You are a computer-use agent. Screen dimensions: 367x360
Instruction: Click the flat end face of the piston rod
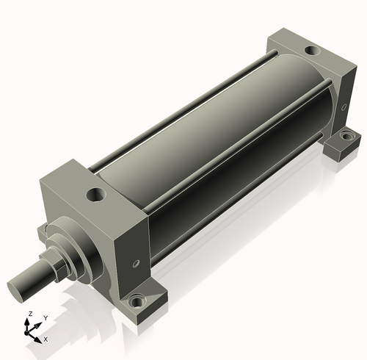(15, 292)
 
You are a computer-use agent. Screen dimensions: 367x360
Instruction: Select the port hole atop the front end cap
(96, 195)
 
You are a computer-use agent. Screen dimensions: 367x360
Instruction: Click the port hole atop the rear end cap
(313, 51)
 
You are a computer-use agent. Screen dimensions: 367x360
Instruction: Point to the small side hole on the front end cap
(136, 264)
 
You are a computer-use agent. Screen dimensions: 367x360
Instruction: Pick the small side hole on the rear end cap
(344, 107)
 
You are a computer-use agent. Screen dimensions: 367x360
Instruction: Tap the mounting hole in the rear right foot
(346, 135)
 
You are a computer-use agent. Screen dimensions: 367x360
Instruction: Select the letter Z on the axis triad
(31, 314)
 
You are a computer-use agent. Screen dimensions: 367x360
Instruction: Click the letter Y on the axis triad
(46, 318)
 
